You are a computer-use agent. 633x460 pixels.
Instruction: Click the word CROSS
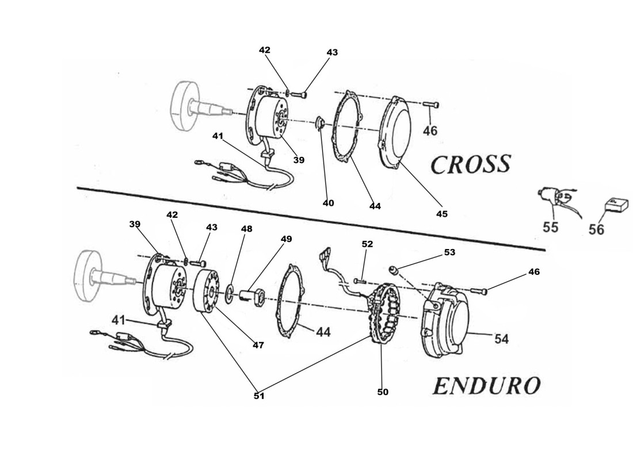coord(470,164)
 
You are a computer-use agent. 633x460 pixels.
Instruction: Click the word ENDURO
coord(486,386)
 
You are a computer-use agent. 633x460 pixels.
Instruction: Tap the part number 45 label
coord(441,214)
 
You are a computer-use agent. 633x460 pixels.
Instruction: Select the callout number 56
coord(596,229)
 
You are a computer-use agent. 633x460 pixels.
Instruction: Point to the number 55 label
coord(550,227)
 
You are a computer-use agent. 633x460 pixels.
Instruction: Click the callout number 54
coord(501,339)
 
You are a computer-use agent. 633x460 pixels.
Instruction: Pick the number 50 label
coord(383,392)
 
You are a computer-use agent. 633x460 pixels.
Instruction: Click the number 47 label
coord(258,345)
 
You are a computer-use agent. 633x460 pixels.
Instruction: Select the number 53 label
coord(449,252)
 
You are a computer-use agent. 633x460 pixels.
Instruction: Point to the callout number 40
coord(328,203)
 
